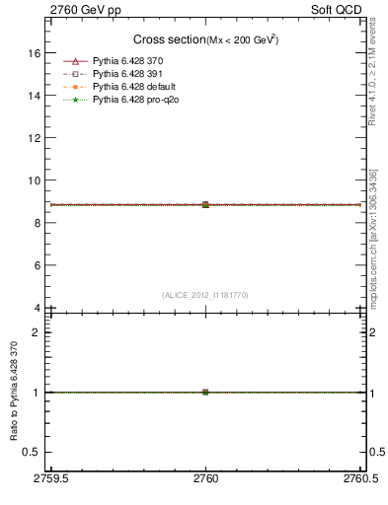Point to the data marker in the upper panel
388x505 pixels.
coord(205,204)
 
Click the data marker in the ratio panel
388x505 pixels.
coord(205,392)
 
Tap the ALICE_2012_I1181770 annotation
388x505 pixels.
coord(205,294)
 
